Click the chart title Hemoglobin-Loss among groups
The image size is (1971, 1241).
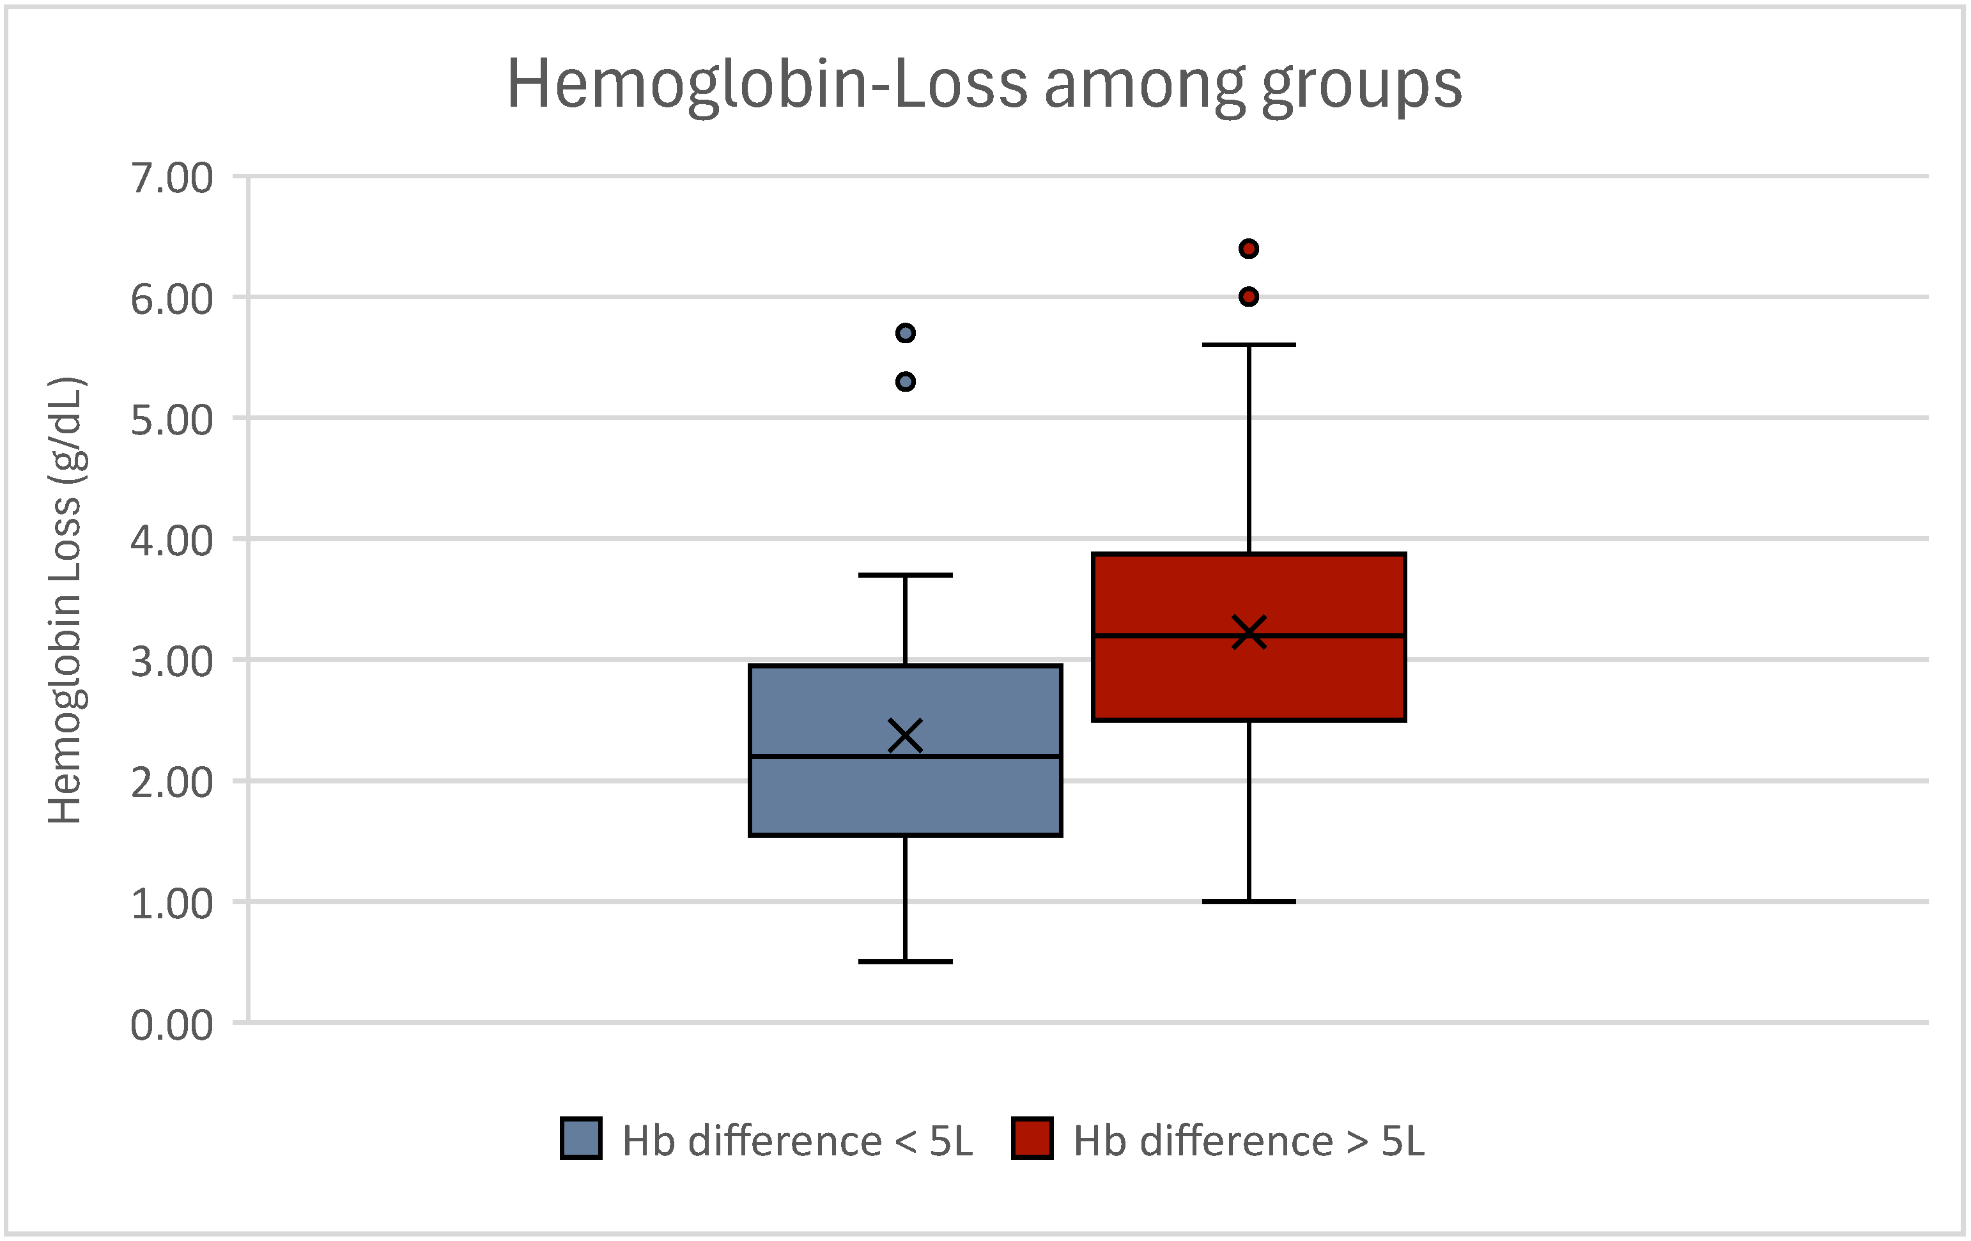coord(984,85)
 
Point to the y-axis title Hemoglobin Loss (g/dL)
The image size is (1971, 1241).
coord(65,600)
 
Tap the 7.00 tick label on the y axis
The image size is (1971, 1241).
coord(172,178)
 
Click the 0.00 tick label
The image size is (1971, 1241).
coord(172,1025)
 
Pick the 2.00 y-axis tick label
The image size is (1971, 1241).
coord(172,783)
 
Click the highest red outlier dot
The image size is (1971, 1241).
coord(1248,249)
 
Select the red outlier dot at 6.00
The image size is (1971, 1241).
coord(1248,297)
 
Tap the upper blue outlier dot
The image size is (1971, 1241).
coord(905,333)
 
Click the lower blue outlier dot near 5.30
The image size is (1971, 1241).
coord(905,382)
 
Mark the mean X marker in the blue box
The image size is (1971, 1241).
coord(905,735)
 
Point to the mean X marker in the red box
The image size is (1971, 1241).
coord(1248,632)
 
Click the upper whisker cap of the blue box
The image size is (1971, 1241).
coord(905,576)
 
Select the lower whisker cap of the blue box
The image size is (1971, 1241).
coord(905,961)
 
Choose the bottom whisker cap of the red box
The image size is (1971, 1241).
coord(1248,901)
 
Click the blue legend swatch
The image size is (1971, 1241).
coord(581,1138)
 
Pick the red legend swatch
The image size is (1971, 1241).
coord(1032,1138)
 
